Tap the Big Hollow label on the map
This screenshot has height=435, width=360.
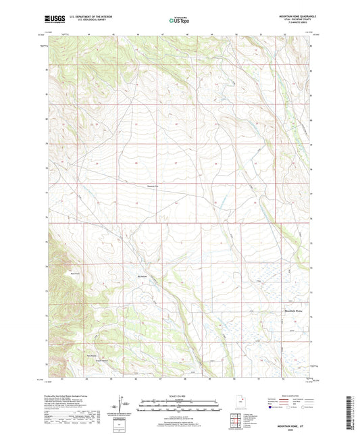pos(143,276)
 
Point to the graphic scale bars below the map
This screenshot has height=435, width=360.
pos(179,405)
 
